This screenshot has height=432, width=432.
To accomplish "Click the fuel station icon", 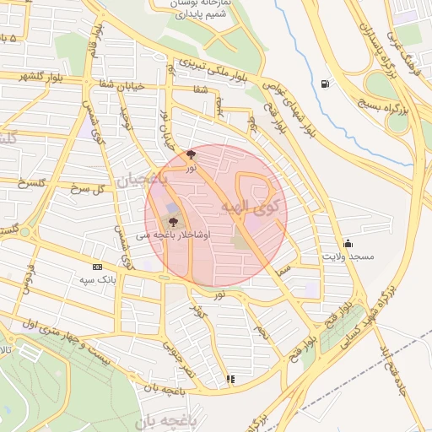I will tap(326, 83).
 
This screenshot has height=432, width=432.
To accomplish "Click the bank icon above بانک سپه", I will tap(97, 267).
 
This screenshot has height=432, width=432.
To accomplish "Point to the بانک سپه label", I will tap(97, 279).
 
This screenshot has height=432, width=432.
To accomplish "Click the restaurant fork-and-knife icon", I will tap(230, 379).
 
